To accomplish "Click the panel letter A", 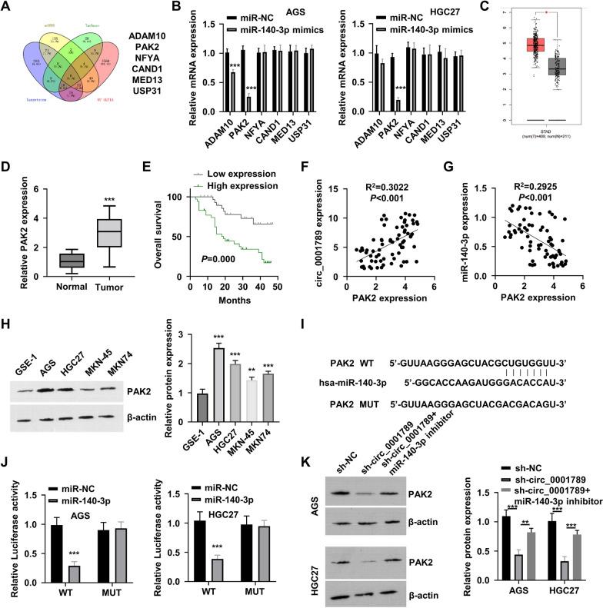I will click(x=8, y=8).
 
